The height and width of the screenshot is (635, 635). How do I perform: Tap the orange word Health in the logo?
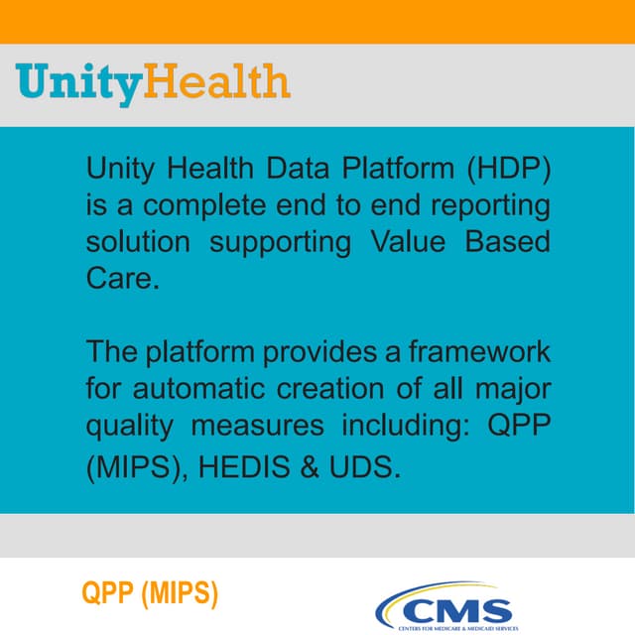[217, 81]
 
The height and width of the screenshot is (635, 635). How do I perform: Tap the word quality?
[131, 428]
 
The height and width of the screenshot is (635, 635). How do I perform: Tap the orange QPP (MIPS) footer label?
[150, 595]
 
